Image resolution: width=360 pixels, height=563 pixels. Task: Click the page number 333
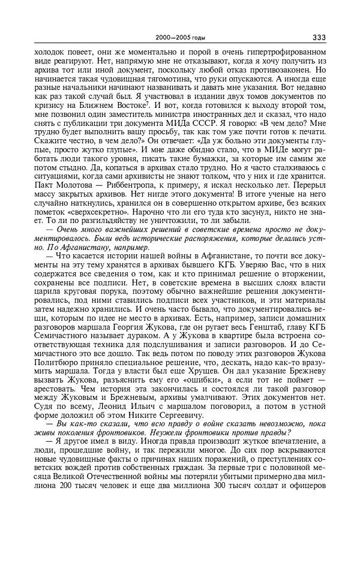coord(319,37)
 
